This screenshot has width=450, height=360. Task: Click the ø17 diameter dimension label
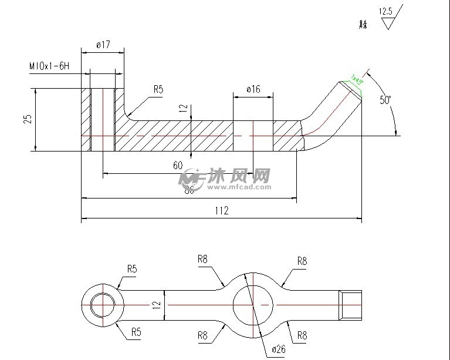pyautogui.click(x=103, y=45)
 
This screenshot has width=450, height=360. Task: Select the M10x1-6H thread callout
pyautogui.click(x=49, y=66)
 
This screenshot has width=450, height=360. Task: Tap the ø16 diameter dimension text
pyautogui.click(x=253, y=89)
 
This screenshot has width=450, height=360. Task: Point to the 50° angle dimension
pyautogui.click(x=385, y=100)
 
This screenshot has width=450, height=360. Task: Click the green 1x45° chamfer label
pyautogui.click(x=357, y=80)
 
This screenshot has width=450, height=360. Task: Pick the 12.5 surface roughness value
pyautogui.click(x=385, y=11)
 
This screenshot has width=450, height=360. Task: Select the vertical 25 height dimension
pyautogui.click(x=27, y=120)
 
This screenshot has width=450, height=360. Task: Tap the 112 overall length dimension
pyautogui.click(x=221, y=210)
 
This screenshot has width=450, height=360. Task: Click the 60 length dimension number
pyautogui.click(x=178, y=165)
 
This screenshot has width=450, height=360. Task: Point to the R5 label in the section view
pyautogui.click(x=158, y=89)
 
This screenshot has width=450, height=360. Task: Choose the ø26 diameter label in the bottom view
pyautogui.click(x=279, y=349)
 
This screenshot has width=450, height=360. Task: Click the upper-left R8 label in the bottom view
pyautogui.click(x=202, y=258)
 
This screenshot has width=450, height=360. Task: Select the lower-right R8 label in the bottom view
pyautogui.click(x=302, y=336)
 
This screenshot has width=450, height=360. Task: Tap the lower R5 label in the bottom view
pyautogui.click(x=136, y=332)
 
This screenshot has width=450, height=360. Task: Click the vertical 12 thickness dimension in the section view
pyautogui.click(x=183, y=108)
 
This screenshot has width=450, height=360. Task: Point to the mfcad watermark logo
pyautogui.click(x=226, y=179)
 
